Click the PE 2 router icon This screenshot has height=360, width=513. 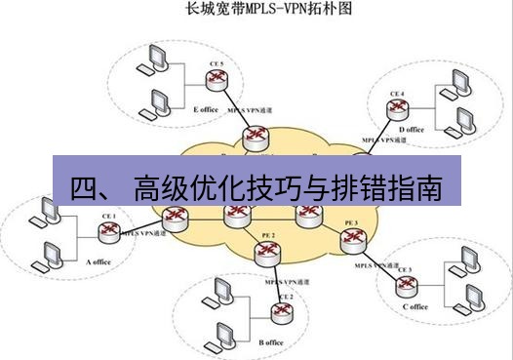point(266,253)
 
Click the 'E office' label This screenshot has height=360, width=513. point(206,109)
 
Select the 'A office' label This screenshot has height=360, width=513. point(100,262)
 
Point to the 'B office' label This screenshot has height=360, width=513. point(271,342)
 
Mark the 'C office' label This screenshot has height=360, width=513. point(414,307)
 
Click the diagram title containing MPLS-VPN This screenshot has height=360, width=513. point(256,12)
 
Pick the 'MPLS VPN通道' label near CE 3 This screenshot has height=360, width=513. point(375,265)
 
